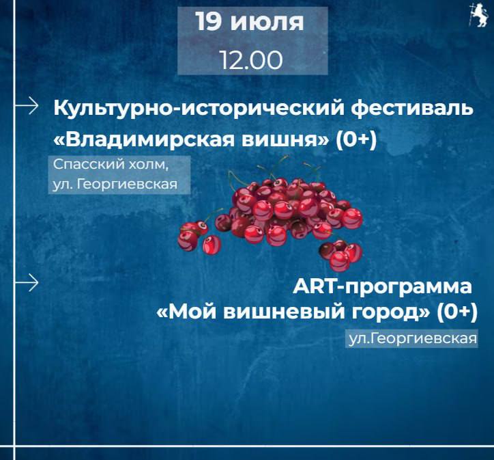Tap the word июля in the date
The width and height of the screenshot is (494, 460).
267,23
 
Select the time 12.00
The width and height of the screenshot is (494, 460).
251,60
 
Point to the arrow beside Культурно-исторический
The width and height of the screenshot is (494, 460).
27,105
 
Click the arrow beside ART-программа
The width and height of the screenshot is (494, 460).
27,282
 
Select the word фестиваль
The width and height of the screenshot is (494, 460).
412,108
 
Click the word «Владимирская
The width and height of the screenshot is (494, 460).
144,139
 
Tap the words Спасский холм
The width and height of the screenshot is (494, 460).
111,164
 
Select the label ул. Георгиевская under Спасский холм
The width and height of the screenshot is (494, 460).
115,184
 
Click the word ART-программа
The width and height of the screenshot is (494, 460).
382,287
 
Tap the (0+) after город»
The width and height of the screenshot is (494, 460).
457,312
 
